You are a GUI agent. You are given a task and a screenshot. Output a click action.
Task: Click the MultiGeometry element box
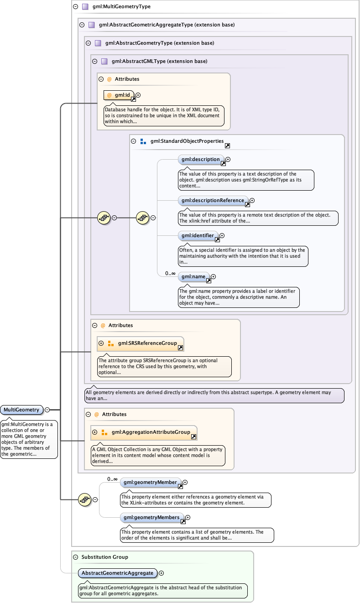coord(22,410)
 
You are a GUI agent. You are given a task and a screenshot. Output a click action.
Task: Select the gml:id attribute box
coord(119,95)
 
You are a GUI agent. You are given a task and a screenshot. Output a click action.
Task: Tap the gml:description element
coord(200,160)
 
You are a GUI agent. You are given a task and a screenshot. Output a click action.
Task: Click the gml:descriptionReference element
coord(213,200)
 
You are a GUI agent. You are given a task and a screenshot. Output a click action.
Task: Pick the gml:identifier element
coord(198,236)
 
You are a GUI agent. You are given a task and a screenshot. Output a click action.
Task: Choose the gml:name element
coord(193,276)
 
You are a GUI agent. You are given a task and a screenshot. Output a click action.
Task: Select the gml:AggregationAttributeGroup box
coord(151,432)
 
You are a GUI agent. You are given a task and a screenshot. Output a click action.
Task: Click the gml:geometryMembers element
coord(151,517)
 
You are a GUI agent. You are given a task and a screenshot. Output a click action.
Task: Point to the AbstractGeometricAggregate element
coord(117,573)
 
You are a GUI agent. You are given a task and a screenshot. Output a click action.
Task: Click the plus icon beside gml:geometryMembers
coord(188,517)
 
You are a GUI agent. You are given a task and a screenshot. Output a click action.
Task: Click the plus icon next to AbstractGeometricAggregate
coord(161,573)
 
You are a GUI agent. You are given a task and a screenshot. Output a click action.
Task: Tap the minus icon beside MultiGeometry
coord(47,410)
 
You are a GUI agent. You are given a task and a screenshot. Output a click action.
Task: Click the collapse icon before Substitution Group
coord(75,557)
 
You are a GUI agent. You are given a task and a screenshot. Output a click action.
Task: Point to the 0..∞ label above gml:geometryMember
coord(112,479)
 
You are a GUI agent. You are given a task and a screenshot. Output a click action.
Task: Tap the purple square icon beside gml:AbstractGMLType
coord(104,61)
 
